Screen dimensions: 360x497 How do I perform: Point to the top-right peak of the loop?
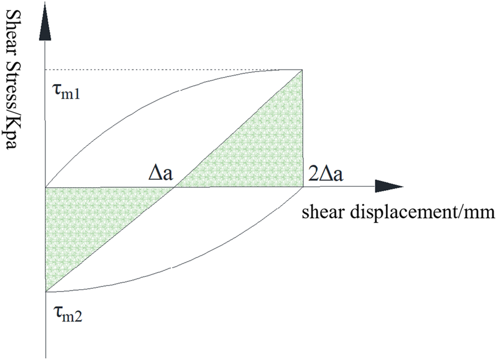coord(303,70)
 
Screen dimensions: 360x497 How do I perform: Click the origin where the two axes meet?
coord(45,187)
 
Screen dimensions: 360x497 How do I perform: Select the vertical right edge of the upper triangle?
coord(303,128)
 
